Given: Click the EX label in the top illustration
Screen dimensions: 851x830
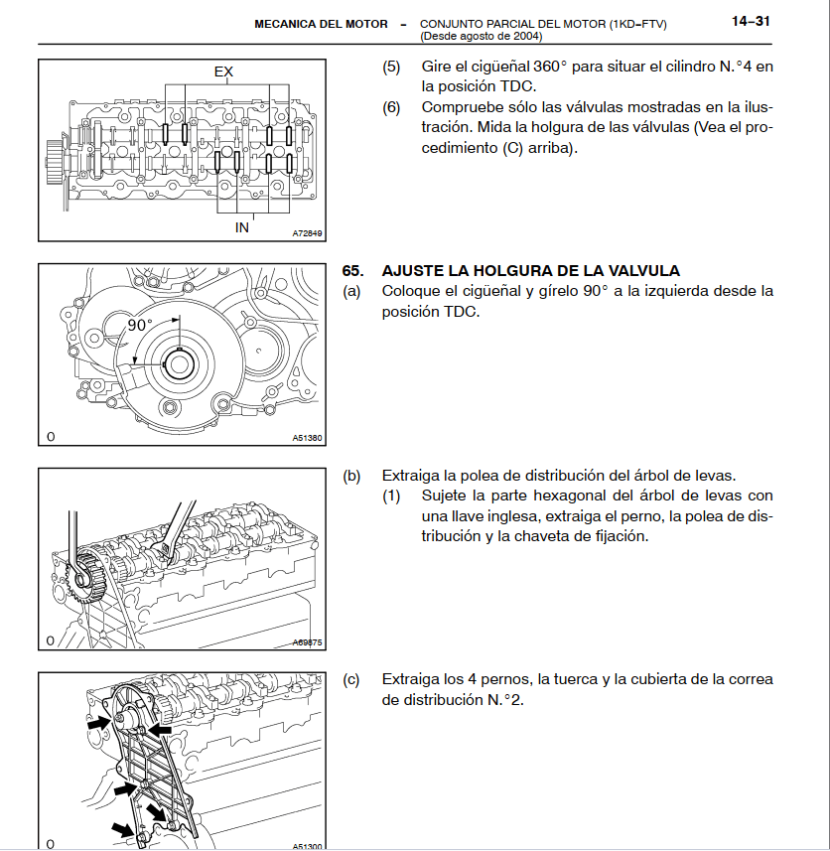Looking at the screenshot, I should [224, 71].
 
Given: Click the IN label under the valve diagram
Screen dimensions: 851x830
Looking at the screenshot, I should [241, 227].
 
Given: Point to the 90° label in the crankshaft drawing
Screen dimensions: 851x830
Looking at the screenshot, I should [140, 325].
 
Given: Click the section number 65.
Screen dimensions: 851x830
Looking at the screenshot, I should [352, 271].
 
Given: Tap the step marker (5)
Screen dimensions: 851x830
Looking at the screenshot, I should [391, 68].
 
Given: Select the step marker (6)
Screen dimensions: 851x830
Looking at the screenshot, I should [391, 107].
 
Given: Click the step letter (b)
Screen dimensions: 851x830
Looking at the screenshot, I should [351, 476].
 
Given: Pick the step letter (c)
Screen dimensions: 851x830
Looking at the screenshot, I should [351, 680].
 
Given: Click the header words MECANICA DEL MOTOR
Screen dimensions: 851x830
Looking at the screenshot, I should [321, 23].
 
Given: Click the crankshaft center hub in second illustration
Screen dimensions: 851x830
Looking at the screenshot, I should [180, 363].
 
